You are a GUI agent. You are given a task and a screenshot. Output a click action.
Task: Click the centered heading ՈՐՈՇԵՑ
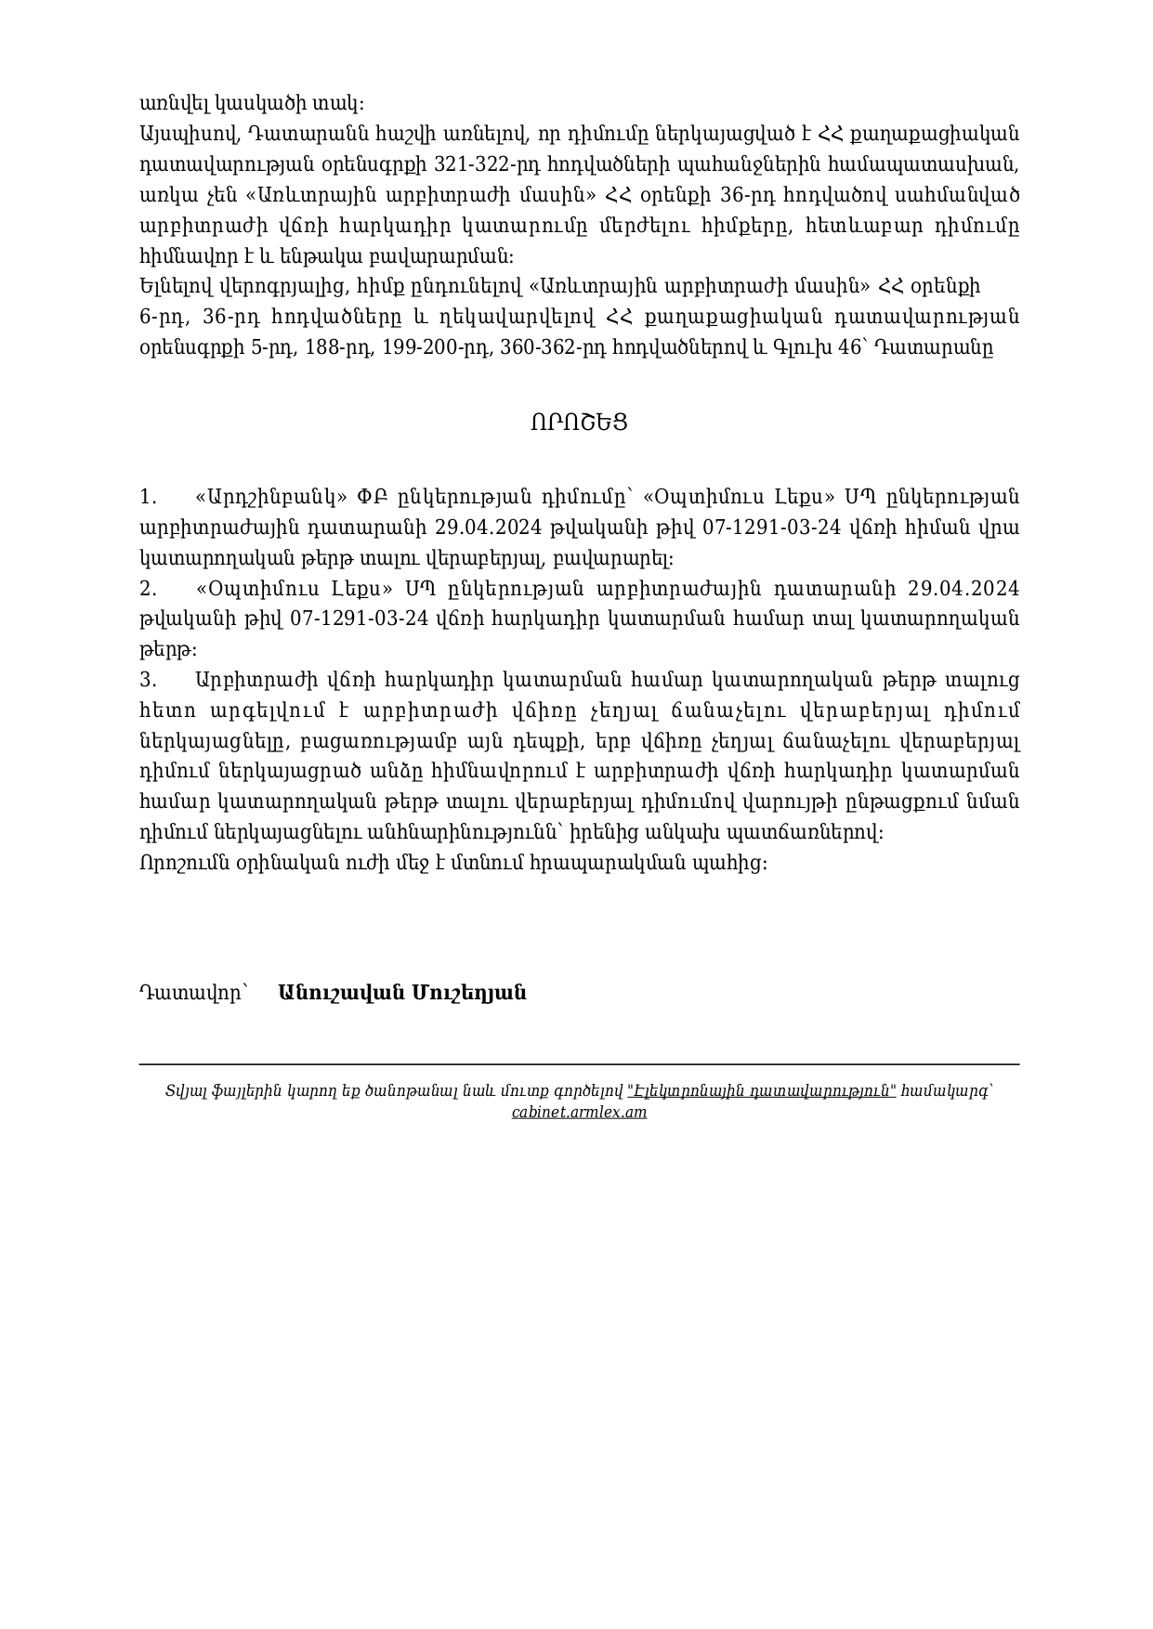coord(579,423)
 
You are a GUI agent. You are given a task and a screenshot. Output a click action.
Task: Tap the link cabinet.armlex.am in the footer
coord(579,1112)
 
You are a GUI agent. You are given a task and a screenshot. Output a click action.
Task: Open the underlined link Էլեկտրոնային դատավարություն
coord(762,1091)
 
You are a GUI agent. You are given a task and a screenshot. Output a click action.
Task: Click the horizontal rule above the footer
coord(579,1064)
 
